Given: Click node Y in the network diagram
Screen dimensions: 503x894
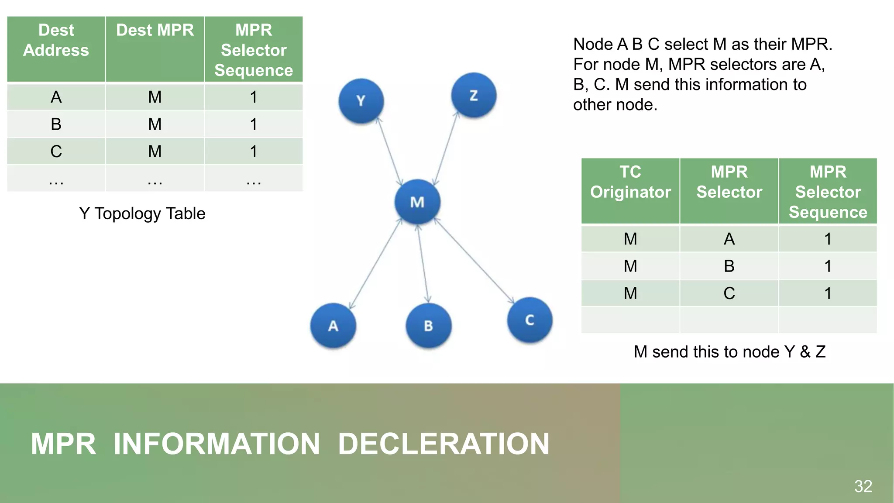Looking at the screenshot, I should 361,101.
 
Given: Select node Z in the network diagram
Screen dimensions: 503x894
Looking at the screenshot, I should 474,95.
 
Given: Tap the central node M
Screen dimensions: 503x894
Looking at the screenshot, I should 417,202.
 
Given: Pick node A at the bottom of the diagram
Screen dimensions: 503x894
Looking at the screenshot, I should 333,325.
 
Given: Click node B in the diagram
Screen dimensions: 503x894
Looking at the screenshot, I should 428,325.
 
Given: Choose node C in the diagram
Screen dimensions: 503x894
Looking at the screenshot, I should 530,320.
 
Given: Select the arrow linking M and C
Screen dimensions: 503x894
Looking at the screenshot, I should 475,261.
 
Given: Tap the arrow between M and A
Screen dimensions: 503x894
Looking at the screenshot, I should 375,264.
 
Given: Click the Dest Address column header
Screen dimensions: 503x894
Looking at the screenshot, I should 56,40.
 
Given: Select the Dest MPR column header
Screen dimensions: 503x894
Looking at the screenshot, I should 155,31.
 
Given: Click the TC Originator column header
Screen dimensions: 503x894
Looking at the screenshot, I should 630,182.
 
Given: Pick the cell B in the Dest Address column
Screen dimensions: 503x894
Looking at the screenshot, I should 56,124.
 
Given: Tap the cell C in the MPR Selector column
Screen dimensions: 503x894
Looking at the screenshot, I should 729,293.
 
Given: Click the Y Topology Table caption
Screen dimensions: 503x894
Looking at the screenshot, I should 142,214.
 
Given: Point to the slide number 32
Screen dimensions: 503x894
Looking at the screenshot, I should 863,486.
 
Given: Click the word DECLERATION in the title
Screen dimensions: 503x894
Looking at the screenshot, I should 444,444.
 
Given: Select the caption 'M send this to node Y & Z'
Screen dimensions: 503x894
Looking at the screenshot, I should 729,351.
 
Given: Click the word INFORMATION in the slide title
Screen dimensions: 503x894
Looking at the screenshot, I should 217,444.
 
